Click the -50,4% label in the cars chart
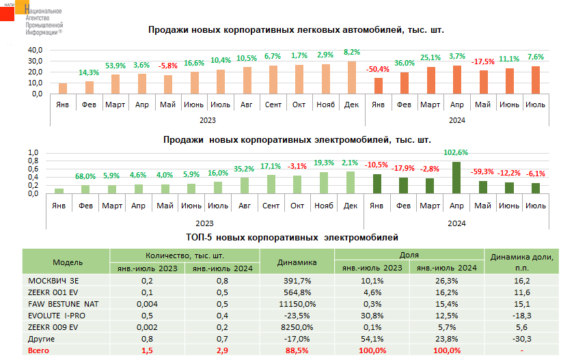pyautogui.click(x=377, y=69)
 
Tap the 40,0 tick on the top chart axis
pyautogui.click(x=35, y=51)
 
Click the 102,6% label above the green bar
pyautogui.click(x=456, y=152)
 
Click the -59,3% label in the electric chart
pyautogui.click(x=483, y=172)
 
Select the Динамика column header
pyautogui.click(x=297, y=262)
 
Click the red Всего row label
pyautogui.click(x=38, y=350)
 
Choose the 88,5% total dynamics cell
pyautogui.click(x=297, y=350)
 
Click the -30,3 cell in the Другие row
pyautogui.click(x=521, y=339)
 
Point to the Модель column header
pyautogui.click(x=67, y=262)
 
